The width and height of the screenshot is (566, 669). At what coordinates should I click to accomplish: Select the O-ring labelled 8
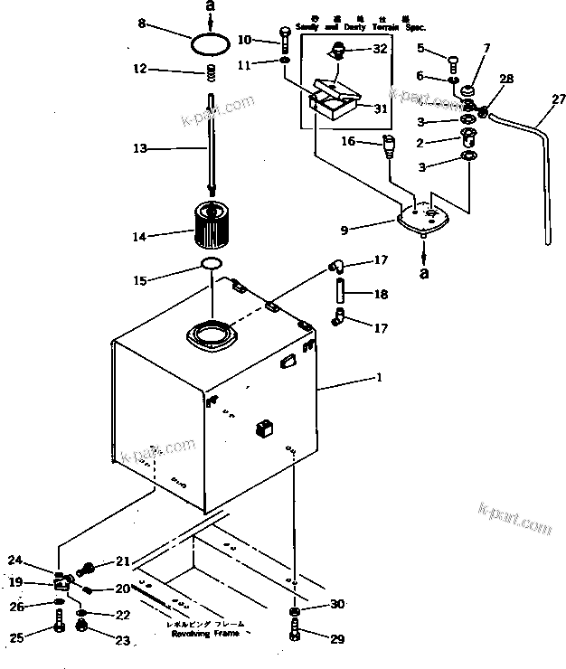coord(211,42)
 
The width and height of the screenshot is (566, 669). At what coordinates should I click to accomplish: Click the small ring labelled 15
coord(211,264)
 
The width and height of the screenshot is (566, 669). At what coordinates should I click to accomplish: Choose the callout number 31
coord(380,108)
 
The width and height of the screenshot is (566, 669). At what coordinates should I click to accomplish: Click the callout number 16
coord(347,142)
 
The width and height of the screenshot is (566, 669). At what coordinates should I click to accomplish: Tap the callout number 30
coord(337,605)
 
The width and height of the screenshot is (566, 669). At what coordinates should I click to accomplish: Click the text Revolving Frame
coord(203,635)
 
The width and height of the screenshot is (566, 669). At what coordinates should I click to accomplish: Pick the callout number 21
coord(123,561)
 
